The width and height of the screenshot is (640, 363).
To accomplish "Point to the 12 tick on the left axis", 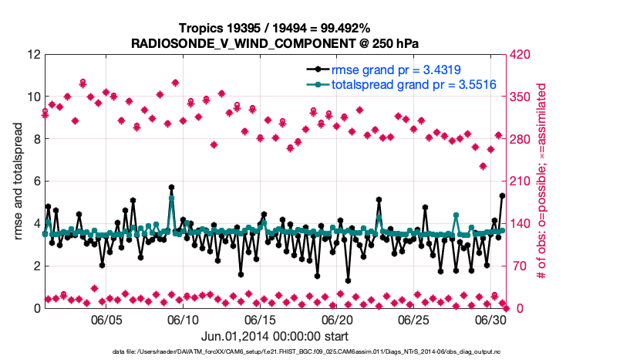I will coord(32,55).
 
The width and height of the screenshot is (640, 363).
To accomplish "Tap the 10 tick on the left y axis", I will coord(32,97).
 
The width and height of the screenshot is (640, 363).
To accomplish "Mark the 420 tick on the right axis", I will coord(517,55).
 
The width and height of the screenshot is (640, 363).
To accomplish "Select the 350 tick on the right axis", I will coord(517,97).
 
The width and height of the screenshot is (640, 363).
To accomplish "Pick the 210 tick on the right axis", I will coord(517,181).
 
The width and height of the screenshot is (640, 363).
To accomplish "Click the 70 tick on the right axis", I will coord(514,266).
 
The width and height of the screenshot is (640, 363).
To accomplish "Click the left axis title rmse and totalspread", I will coord(19,181).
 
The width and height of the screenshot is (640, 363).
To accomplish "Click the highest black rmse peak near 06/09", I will coord(171,188).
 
